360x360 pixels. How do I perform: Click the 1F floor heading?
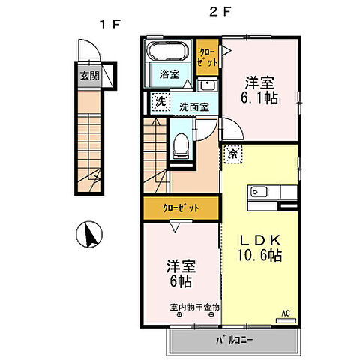tap(111, 24)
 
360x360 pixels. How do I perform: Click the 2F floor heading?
tap(218, 13)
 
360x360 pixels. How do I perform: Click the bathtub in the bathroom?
tap(167, 53)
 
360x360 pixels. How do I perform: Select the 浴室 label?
tap(169, 73)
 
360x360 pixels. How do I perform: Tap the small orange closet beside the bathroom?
tap(206, 57)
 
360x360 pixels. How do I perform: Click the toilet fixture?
tap(181, 145)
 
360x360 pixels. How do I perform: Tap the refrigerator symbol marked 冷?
tap(232, 154)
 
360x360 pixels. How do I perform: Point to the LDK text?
tap(260, 239)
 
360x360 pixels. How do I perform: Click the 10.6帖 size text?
tap(261, 255)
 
